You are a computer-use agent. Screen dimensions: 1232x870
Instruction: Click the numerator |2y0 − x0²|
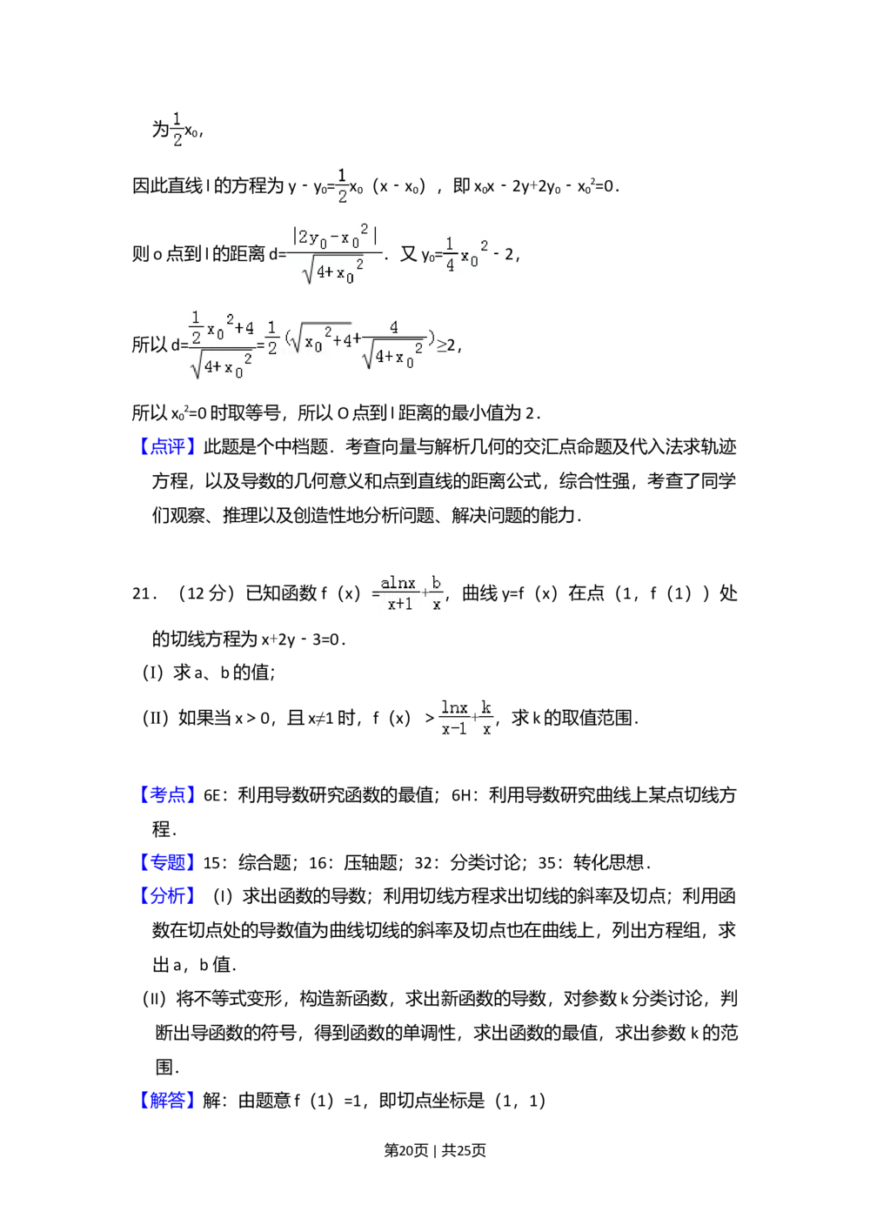coord(336,236)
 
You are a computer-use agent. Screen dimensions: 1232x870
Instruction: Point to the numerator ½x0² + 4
coord(223,328)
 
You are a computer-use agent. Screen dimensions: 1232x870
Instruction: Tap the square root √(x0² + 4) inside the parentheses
coord(321,338)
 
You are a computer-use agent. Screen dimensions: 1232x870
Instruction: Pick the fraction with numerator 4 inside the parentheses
coord(394,343)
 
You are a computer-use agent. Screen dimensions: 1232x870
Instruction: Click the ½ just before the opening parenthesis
coord(272,338)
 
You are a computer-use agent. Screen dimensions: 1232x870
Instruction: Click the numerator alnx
coord(398,583)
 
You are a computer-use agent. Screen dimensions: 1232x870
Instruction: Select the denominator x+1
coord(399,603)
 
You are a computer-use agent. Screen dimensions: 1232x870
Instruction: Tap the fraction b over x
coord(437,593)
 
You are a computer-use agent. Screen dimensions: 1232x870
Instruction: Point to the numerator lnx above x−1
coord(454,707)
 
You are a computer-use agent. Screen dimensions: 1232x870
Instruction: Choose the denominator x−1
coord(453,729)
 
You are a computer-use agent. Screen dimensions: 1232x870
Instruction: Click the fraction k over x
coord(486,718)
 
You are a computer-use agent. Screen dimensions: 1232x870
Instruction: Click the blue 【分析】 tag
coord(167,894)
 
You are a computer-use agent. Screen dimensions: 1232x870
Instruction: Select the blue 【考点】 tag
coord(167,793)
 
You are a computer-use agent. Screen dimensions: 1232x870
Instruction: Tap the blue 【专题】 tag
coord(167,862)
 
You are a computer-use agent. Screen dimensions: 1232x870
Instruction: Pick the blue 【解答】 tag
coord(167,1100)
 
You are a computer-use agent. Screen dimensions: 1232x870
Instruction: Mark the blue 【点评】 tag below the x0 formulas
coord(167,445)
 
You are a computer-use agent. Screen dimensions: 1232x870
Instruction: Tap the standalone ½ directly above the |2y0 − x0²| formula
coord(343,184)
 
